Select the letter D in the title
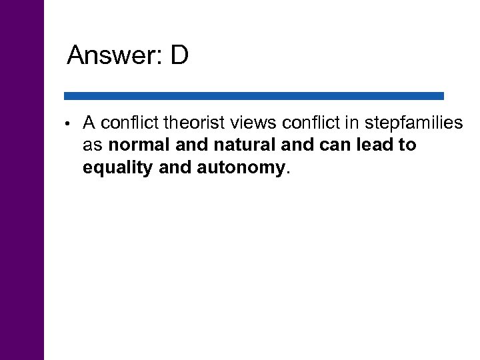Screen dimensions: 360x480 click(179, 56)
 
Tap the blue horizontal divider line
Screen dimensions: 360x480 click(253, 96)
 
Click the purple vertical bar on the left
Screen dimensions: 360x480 click(22, 180)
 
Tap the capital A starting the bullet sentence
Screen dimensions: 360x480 click(87, 123)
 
